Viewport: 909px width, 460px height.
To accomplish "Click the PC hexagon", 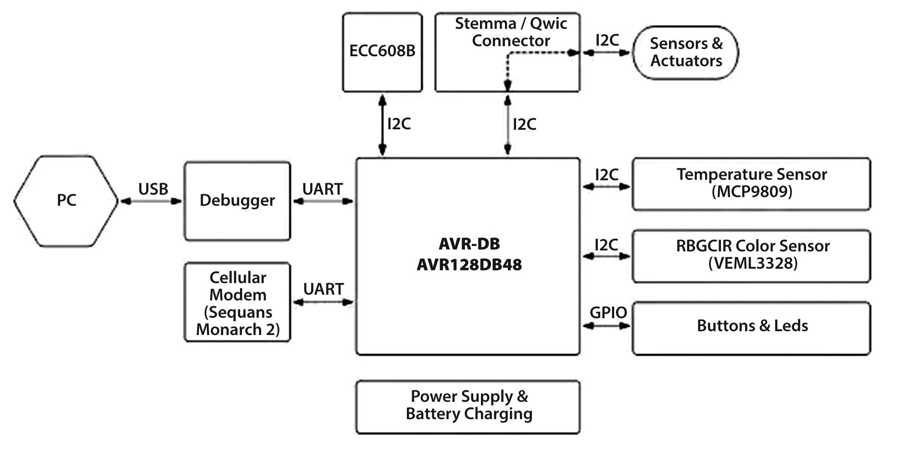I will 66,201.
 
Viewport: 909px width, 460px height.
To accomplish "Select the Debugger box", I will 237,201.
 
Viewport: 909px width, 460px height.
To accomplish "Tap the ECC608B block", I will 382,52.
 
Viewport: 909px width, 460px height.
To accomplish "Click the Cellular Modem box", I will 238,302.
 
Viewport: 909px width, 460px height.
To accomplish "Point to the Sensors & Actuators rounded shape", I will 686,52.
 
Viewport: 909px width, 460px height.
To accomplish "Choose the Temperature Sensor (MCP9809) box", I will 751,184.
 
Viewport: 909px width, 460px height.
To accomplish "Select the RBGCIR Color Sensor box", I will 751,256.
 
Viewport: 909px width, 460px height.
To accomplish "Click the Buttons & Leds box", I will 751,328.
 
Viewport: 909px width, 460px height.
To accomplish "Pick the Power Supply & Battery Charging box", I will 468,407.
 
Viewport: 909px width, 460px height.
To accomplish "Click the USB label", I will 153,189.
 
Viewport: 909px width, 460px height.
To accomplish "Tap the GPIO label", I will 608,313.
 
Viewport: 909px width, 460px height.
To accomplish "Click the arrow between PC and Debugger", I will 151,201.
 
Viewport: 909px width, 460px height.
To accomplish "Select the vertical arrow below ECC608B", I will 382,125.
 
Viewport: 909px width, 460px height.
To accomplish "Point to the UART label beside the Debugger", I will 322,189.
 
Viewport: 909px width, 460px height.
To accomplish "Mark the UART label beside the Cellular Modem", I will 323,289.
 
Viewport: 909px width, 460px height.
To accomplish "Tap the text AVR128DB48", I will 469,265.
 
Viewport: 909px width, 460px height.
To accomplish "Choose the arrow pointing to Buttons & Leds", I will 606,326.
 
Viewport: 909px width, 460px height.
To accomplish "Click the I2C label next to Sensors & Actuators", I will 607,40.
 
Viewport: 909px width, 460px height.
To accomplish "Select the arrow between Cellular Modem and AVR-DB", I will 323,302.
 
